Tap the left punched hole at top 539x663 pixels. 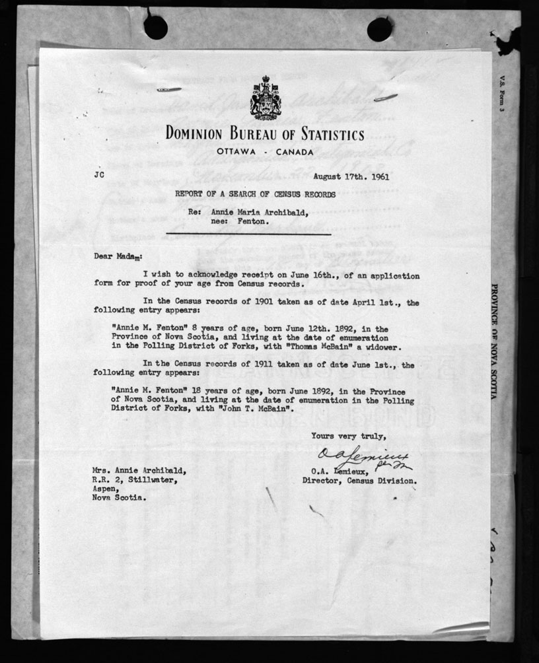point(156,28)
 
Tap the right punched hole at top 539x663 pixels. point(380,29)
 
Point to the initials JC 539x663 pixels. point(100,177)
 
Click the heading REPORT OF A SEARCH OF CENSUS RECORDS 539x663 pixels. point(255,194)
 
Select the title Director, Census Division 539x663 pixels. point(359,481)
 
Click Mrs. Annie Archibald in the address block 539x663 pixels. point(139,471)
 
